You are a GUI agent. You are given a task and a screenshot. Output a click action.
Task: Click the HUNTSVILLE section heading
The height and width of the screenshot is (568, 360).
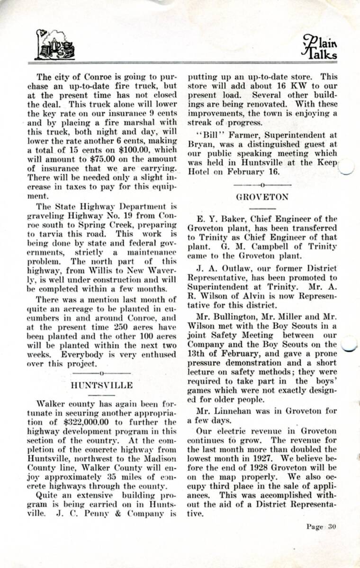pos(102,385)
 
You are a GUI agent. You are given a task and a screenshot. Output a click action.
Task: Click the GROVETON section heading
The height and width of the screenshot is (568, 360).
pos(262,197)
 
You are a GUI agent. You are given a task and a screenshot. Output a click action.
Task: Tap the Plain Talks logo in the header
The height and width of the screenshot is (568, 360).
pos(320,47)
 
